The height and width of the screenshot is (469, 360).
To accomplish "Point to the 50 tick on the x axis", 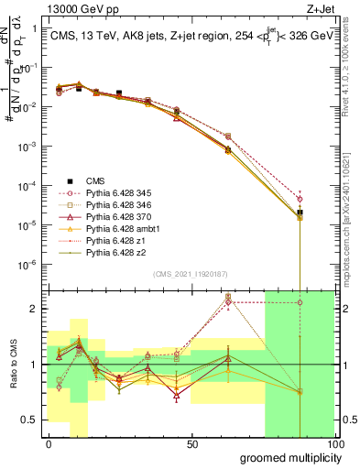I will pos(192,442).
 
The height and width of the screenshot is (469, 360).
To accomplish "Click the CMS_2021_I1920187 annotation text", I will pos(190,274).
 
